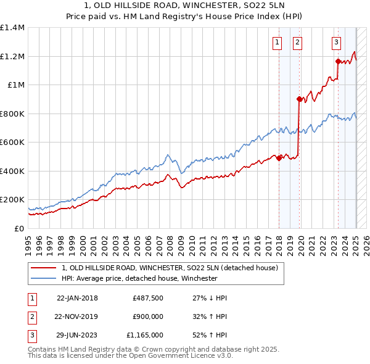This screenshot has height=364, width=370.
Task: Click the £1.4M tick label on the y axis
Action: [12, 28]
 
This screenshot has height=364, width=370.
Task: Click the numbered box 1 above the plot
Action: [277, 43]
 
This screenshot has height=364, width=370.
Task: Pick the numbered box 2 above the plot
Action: [297, 43]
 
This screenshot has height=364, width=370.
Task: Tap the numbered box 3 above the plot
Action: [336, 43]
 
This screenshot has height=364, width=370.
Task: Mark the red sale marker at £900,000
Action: [298, 99]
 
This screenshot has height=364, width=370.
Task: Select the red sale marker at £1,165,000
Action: [338, 61]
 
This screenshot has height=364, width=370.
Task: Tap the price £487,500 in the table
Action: [148, 298]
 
